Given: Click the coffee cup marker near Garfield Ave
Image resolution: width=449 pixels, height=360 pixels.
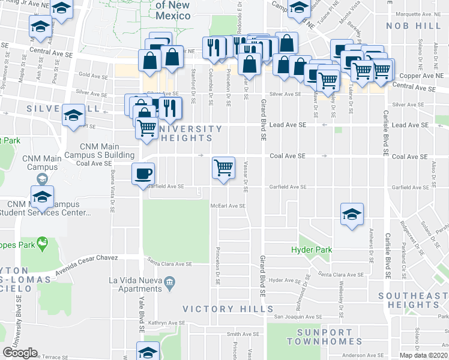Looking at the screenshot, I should [x=143, y=173].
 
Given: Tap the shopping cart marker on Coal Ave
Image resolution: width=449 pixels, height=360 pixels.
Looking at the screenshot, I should [x=223, y=167].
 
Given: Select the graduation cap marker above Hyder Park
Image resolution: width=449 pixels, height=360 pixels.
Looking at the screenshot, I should [x=352, y=214].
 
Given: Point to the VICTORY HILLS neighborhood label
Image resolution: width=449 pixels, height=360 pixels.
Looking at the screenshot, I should [x=228, y=309].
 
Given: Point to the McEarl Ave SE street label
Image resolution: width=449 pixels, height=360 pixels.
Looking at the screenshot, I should [x=228, y=206].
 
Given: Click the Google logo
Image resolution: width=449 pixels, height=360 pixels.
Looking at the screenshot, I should [x=20, y=353].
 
